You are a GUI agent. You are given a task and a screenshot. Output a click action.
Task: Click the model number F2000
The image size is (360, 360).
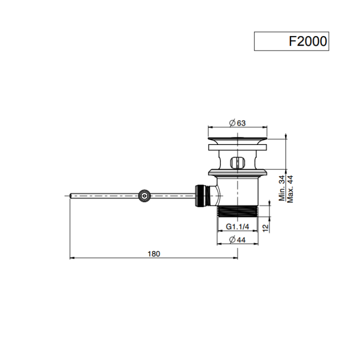pos(307,41)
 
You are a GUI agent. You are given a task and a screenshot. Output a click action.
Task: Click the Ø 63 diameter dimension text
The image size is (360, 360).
pos(237,123)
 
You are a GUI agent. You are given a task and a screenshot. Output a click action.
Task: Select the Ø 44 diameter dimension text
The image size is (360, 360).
pos(237,239)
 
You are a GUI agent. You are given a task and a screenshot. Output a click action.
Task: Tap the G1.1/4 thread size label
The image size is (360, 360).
pos(237,227)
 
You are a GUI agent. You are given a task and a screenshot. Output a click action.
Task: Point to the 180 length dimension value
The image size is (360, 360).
pos(153,253)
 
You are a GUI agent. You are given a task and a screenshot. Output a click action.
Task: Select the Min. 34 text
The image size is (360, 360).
pos(282,188)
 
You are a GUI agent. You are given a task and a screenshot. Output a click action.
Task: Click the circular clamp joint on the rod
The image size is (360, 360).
pos(144,196)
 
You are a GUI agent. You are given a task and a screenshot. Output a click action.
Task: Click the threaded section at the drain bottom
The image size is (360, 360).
pos(237,211)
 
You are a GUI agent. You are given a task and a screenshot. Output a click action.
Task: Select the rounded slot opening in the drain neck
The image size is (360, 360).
pos(237,162)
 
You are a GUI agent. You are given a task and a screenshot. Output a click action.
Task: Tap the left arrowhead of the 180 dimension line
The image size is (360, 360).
pos(70,258)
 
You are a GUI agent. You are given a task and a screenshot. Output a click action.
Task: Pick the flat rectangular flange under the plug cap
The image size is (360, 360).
pos(237,147)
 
